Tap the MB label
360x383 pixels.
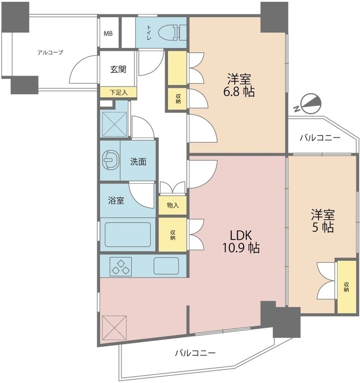pyautogui.click(x=109, y=34)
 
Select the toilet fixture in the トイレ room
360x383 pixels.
pyautogui.click(x=170, y=33)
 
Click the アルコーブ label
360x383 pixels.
pyautogui.click(x=50, y=53)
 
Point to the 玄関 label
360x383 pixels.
pyautogui.click(x=118, y=69)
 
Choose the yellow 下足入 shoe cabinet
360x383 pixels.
pyautogui.click(x=118, y=92)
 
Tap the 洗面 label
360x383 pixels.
pyautogui.click(x=138, y=162)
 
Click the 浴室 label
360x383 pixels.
pyautogui.click(x=116, y=201)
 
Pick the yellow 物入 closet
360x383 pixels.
pyautogui.click(x=173, y=205)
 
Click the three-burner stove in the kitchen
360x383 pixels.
pyautogui.click(x=121, y=266)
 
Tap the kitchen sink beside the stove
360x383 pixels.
pyautogui.click(x=166, y=266)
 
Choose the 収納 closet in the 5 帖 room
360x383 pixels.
pyautogui.click(x=346, y=286)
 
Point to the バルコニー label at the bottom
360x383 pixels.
pyautogui.click(x=195, y=353)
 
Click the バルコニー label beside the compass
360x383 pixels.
pyautogui.click(x=320, y=138)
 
